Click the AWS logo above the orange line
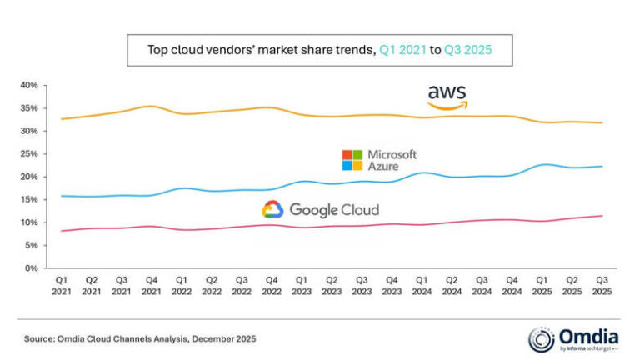(447, 96)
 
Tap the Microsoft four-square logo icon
(352, 160)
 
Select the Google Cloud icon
(272, 209)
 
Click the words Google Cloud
(333, 210)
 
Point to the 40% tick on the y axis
(29, 86)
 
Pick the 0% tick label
(32, 268)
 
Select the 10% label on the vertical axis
(29, 222)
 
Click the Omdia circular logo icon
(541, 338)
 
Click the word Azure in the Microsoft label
(385, 167)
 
